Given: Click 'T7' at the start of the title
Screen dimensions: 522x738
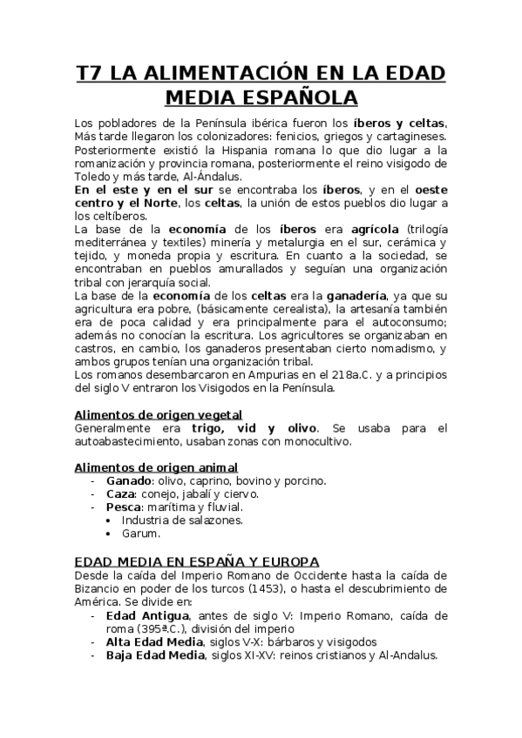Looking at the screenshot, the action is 90,72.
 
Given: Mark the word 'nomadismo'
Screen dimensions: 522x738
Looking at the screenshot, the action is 403,349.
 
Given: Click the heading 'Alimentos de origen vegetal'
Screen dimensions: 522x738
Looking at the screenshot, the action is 158,414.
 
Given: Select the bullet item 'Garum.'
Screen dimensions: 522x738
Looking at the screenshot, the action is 141,533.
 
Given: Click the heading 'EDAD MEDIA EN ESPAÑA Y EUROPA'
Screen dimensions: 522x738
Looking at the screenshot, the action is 197,560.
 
